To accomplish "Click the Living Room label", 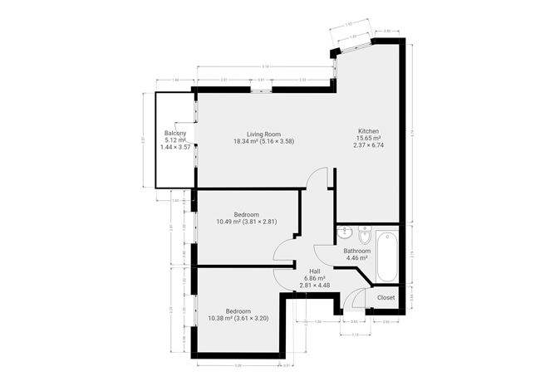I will (x=264, y=134).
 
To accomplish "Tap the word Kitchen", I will (x=369, y=131).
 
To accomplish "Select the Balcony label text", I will (x=174, y=133).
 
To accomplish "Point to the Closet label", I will (x=386, y=297).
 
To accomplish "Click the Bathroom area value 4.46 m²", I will (x=357, y=258).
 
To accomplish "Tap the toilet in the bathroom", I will (x=363, y=233).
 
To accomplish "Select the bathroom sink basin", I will (x=346, y=232).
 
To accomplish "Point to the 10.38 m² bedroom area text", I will (x=238, y=319).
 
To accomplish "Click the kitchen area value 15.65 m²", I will (x=369, y=139).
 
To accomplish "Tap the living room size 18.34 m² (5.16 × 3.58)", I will (x=264, y=141).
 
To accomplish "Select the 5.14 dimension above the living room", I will (x=264, y=66).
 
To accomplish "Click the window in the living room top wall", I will (x=261, y=88).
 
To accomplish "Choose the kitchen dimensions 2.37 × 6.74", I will (x=369, y=146).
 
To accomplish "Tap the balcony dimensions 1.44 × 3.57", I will (x=174, y=147).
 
